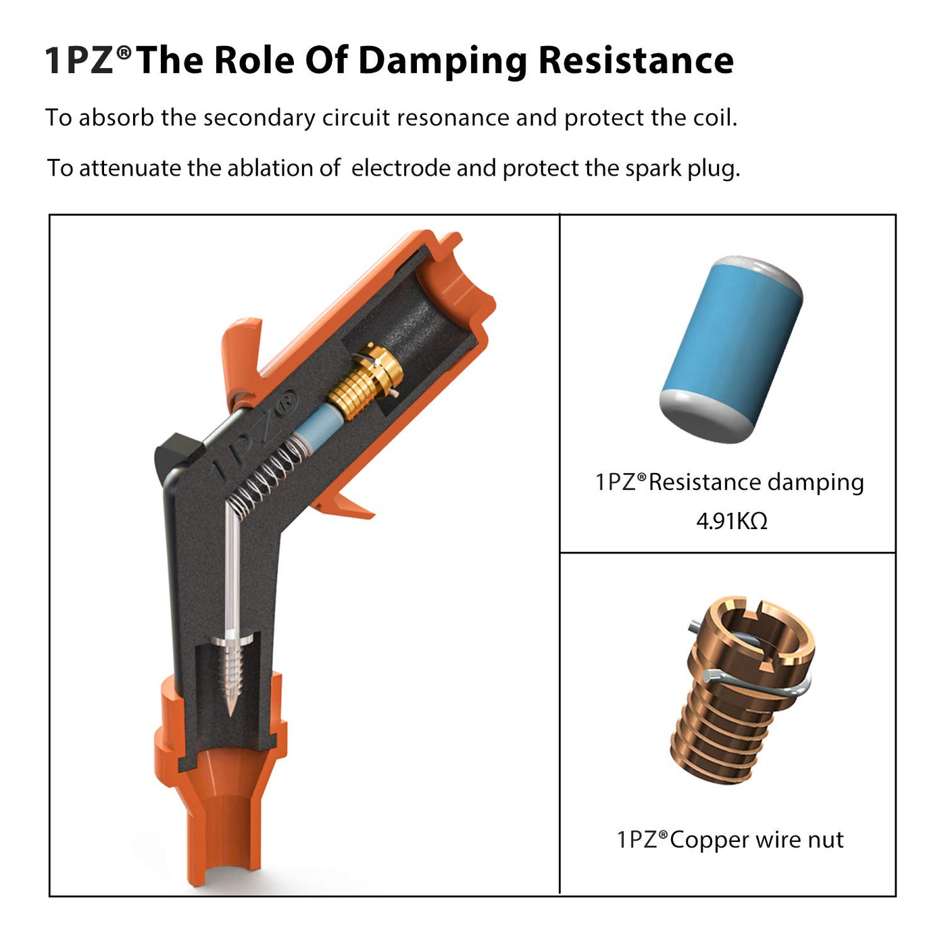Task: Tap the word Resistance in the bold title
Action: tap(636, 60)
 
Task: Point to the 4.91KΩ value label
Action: tap(732, 522)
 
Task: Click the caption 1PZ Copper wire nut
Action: tap(730, 839)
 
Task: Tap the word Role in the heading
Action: tap(254, 61)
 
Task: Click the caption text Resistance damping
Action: tap(756, 482)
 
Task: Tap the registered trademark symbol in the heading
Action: tap(125, 51)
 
